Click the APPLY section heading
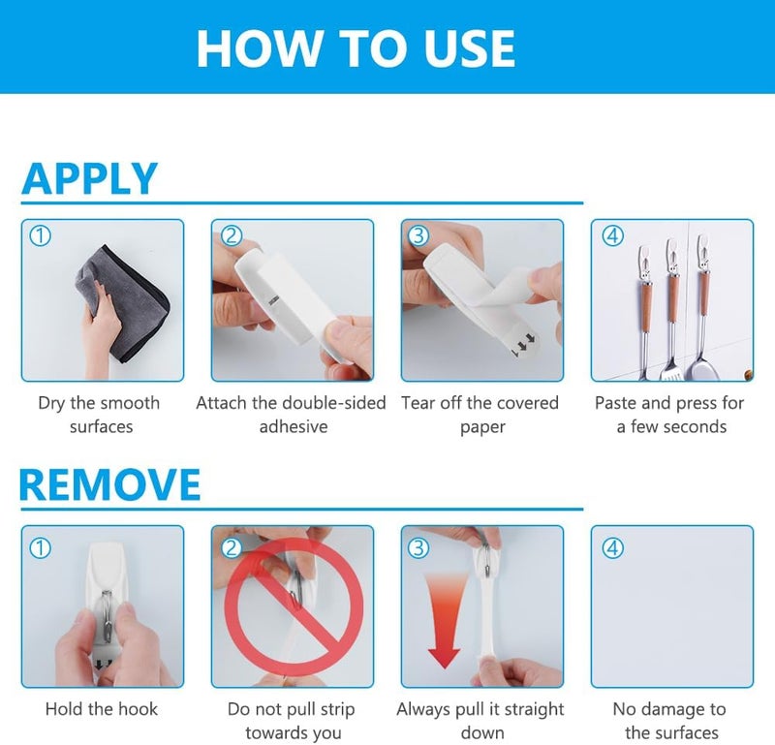tap(89, 178)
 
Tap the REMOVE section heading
tap(109, 484)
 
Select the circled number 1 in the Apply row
tap(41, 235)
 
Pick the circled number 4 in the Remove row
tap(612, 547)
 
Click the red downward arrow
tap(445, 621)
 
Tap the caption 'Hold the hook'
tap(102, 709)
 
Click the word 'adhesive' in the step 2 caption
tap(294, 426)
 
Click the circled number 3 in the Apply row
tap(418, 235)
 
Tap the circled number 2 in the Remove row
tap(231, 547)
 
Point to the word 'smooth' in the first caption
tap(131, 403)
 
